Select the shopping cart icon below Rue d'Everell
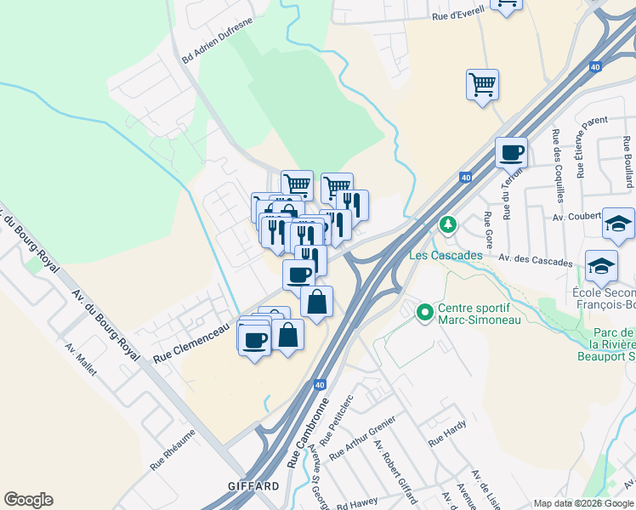482,85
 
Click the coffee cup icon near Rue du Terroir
511,153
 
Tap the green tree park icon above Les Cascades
448,225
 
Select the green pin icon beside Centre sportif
424,314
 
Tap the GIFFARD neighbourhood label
253,486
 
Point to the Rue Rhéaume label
173,450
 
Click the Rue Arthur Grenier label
362,439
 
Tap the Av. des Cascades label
535,259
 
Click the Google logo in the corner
28,500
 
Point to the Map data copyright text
583,503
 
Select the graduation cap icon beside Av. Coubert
618,224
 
